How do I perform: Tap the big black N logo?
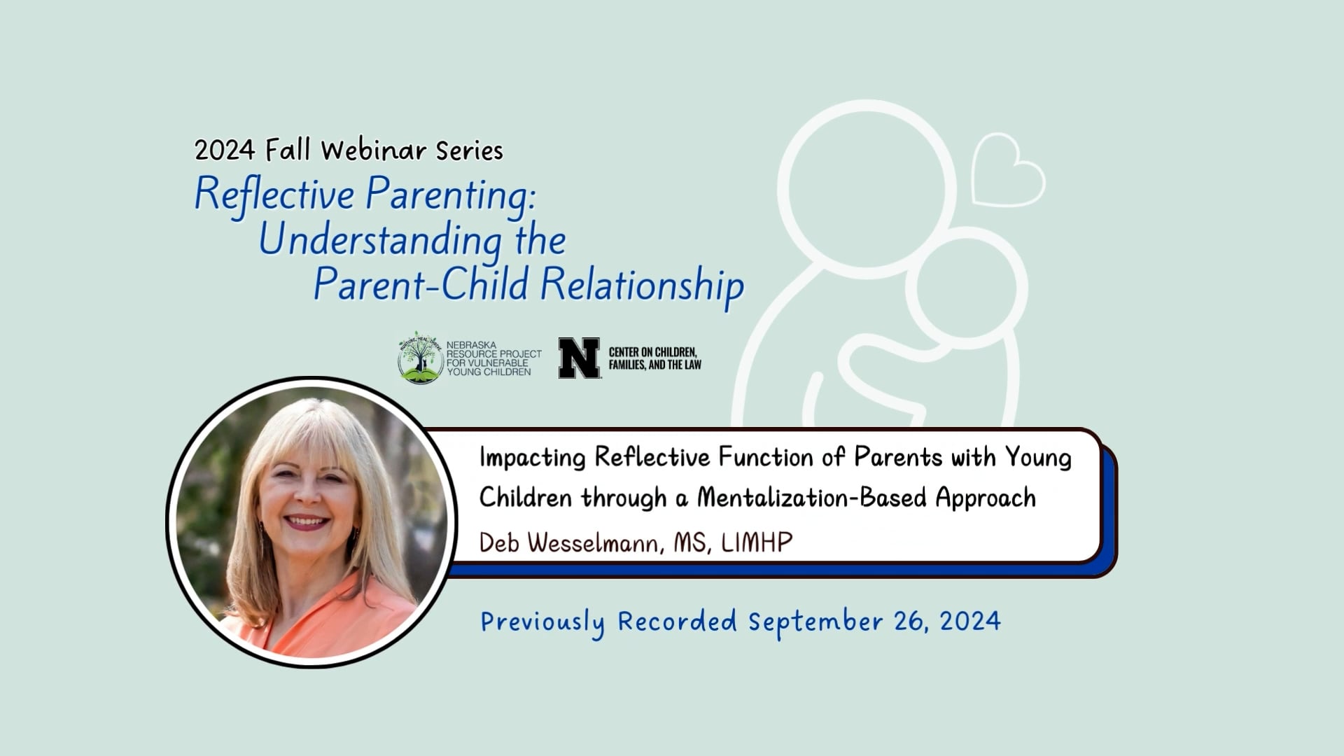[579, 358]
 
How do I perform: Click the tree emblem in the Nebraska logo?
[420, 358]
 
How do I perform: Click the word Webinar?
[373, 150]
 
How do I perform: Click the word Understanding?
[381, 240]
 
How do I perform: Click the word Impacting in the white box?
[532, 458]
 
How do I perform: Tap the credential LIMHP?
[757, 542]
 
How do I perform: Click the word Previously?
[542, 622]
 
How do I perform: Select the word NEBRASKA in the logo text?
[471, 346]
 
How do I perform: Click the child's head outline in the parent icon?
[967, 287]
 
